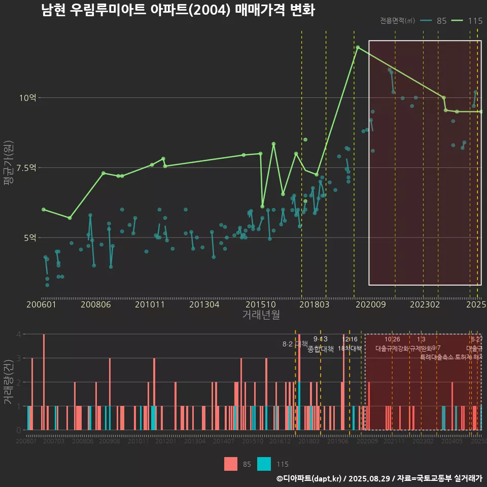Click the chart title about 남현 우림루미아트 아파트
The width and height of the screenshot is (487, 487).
178,10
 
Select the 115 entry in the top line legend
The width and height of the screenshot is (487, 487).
467,21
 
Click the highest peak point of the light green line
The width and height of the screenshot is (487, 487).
358,47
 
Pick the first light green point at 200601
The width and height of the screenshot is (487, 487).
43,209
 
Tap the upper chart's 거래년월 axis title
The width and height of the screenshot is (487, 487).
261,315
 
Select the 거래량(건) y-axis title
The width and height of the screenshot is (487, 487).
8,381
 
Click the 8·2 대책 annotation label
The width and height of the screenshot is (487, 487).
295,344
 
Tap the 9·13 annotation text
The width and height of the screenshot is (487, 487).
321,339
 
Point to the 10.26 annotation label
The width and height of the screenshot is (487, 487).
392,339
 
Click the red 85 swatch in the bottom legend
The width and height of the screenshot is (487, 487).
231,464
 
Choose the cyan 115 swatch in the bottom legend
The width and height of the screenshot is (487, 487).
264,464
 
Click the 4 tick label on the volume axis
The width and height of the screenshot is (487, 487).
19,334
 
